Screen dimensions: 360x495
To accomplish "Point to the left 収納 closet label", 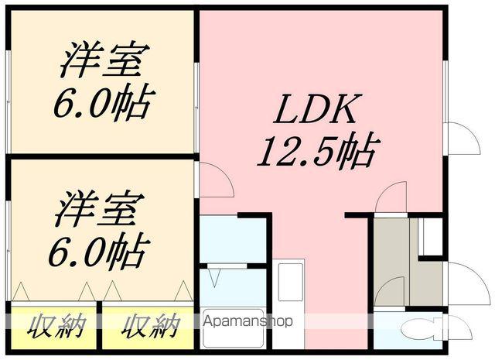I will click(x=56, y=326).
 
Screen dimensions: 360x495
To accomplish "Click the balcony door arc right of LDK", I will click(x=463, y=139).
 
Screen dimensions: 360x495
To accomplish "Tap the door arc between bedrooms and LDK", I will click(x=215, y=180).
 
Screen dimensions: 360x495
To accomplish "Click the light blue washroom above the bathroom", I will click(x=232, y=240).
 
